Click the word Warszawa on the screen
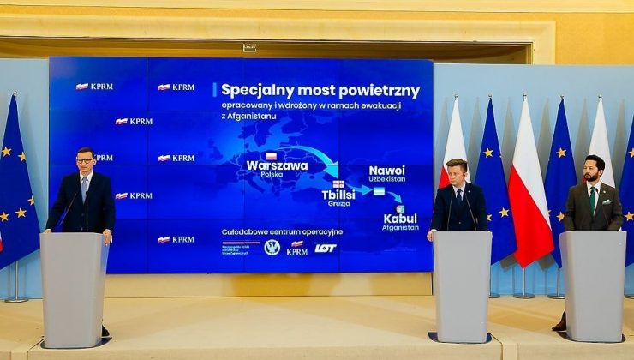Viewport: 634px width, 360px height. pyautogui.click(x=277, y=165)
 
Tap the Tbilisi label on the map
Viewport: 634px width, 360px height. pyautogui.click(x=338, y=195)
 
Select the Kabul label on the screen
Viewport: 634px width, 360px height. pyautogui.click(x=400, y=219)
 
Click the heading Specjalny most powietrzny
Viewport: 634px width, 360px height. pyautogui.click(x=320, y=90)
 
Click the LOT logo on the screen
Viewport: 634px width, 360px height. pyautogui.click(x=326, y=248)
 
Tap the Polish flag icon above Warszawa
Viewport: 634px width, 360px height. pyautogui.click(x=271, y=156)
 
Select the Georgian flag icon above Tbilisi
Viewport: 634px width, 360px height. pyautogui.click(x=338, y=184)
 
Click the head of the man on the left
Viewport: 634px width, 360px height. pyautogui.click(x=85, y=159)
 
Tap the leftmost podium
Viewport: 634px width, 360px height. pyautogui.click(x=74, y=287)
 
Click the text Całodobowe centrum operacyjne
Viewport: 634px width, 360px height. pyautogui.click(x=281, y=231)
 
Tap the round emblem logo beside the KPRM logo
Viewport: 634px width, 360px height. pyautogui.click(x=272, y=248)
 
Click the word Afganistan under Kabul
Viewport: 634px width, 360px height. pyautogui.click(x=400, y=228)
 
